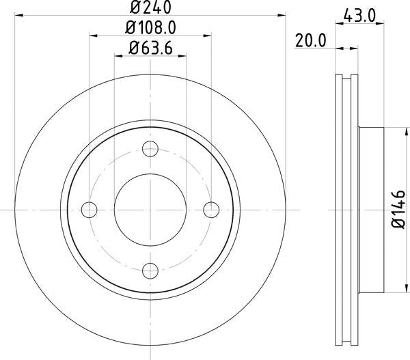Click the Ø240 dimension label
tap(150, 9)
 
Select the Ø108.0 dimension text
tap(150, 29)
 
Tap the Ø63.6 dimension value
tap(150, 48)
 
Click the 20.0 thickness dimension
tap(311, 40)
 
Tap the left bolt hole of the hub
tap(89, 208)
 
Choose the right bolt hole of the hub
tap(210, 208)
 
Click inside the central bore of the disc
tap(150, 208)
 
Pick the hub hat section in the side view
tap(366, 208)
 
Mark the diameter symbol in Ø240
tap(135, 9)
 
